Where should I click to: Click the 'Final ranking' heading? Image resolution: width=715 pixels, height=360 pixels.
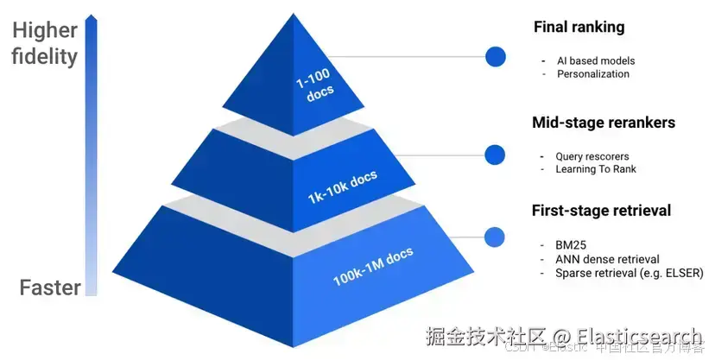click(x=579, y=28)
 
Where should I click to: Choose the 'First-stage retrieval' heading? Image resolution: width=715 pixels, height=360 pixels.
click(x=602, y=211)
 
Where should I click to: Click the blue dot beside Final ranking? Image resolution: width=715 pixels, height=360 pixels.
click(x=496, y=57)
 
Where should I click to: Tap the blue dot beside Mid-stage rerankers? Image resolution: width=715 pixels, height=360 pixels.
click(x=495, y=155)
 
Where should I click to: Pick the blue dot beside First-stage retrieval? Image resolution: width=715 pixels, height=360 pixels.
click(x=495, y=237)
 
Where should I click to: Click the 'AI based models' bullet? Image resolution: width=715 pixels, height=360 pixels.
click(x=596, y=61)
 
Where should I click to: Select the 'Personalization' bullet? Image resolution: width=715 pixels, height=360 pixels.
click(x=593, y=74)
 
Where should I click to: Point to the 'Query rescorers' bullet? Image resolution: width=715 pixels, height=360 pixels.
click(x=592, y=156)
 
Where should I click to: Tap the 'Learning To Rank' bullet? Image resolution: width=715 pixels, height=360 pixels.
click(x=596, y=169)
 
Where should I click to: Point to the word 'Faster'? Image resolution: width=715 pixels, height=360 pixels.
click(x=51, y=288)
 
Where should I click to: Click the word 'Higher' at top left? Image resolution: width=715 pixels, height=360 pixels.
click(x=45, y=32)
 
